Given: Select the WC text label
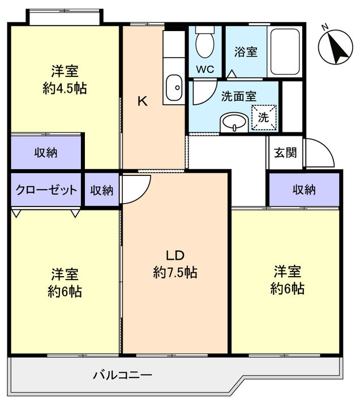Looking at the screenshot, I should [204, 70].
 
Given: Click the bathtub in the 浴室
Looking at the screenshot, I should [285, 51].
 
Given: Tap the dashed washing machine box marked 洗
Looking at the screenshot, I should [264, 118].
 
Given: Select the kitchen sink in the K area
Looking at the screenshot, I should [174, 88].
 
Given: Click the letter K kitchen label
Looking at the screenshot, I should [143, 102].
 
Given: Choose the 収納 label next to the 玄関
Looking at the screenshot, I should [304, 190].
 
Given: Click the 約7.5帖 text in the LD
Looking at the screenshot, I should [175, 272].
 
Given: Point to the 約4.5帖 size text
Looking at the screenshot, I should [65, 88].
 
